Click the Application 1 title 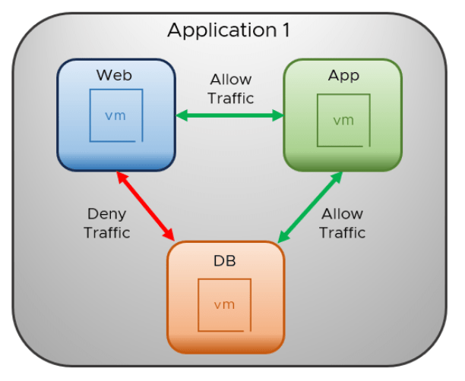coord(228,31)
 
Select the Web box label coord(114,75)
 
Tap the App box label coord(343,75)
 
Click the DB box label coord(225,261)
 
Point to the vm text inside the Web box coord(115,115)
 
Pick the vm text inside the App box coord(343,120)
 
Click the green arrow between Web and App coord(229,116)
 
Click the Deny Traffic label coord(106,223)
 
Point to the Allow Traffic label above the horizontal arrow coord(232,89)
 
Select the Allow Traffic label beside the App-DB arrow coord(342,223)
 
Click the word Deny coord(106,214)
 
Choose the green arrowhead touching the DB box coord(281,238)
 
